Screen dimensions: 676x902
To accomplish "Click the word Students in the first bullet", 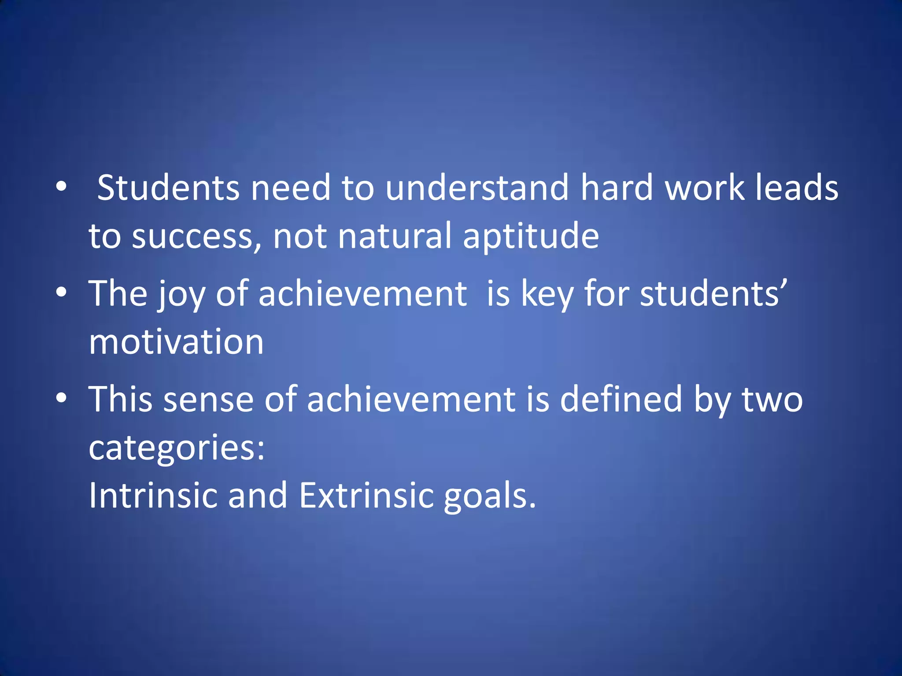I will (168, 188).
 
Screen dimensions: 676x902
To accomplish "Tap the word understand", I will (477, 188).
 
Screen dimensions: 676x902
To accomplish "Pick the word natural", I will (395, 236).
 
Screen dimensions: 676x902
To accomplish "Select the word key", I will (547, 294).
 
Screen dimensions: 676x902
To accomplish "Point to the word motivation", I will (176, 342).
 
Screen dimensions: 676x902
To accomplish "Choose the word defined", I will (621, 399).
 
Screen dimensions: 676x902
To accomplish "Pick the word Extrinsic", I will (366, 496).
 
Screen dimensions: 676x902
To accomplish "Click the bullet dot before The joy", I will (61, 292).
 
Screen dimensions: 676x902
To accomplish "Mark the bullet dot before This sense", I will (61, 398).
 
